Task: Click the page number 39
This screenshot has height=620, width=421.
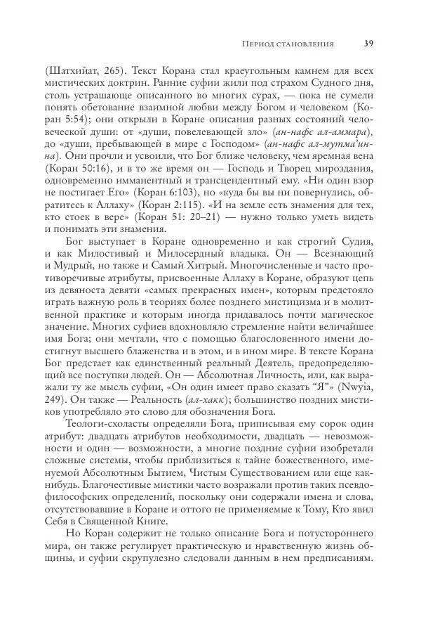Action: pyautogui.click(x=368, y=44)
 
